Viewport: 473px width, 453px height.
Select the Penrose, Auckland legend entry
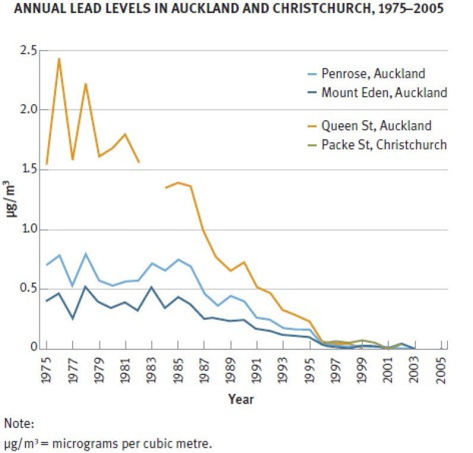(x=373, y=74)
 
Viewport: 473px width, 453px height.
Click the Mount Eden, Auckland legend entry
(x=384, y=92)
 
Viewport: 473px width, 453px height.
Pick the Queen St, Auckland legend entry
(x=376, y=126)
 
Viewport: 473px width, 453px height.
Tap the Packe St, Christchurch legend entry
(x=384, y=145)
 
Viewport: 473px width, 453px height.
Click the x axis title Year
(x=241, y=399)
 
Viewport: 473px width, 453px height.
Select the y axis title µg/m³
(x=11, y=200)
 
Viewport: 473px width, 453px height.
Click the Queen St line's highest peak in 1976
(x=59, y=58)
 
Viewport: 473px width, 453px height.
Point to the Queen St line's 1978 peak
(x=86, y=84)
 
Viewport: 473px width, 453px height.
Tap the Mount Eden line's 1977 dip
(x=73, y=318)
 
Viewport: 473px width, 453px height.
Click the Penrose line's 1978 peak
(x=86, y=254)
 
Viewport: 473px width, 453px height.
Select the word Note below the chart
(x=19, y=424)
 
